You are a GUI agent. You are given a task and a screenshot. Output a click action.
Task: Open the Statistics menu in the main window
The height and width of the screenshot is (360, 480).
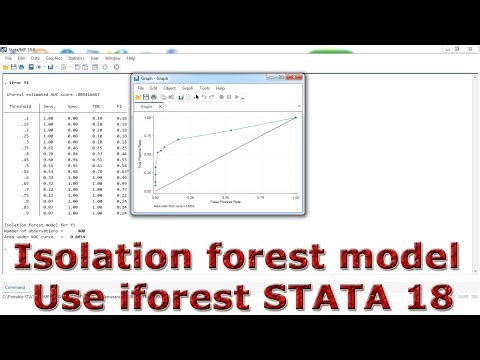[x=76, y=59]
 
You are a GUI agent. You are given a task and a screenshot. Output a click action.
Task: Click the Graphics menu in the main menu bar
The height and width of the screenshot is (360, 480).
[x=53, y=59]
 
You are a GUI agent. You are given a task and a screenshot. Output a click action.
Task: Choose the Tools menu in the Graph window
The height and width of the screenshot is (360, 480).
[x=205, y=88]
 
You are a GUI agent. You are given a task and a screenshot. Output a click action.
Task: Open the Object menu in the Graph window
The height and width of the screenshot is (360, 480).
[x=170, y=88]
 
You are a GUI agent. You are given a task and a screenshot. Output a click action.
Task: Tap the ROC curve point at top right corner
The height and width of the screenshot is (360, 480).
[x=296, y=118]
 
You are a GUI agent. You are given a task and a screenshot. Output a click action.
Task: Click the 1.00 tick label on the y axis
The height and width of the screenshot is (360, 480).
[x=147, y=118]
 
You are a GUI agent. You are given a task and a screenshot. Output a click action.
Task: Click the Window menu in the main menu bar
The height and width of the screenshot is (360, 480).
[x=113, y=59]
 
